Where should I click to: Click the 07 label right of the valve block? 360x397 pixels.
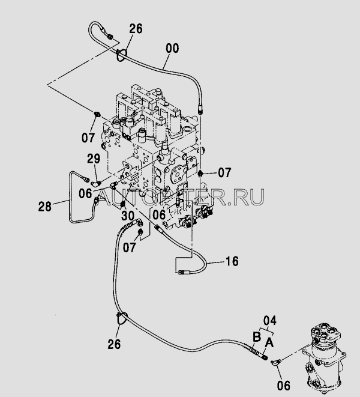coord(224,173)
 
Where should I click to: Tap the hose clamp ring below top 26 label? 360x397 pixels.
coord(121,55)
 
